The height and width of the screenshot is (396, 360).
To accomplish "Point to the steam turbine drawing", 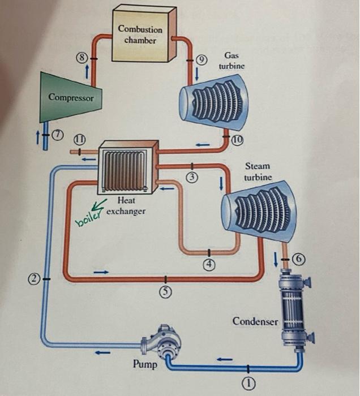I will pos(255,210).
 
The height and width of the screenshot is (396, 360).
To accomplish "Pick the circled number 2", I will pos(35,279).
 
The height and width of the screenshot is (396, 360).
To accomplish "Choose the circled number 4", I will pos(209,264).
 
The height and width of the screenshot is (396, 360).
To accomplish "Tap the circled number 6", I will pos(301,259).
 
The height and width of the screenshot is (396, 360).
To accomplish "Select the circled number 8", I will pos(82,57).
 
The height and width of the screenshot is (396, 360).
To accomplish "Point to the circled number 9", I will pos(202,59).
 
